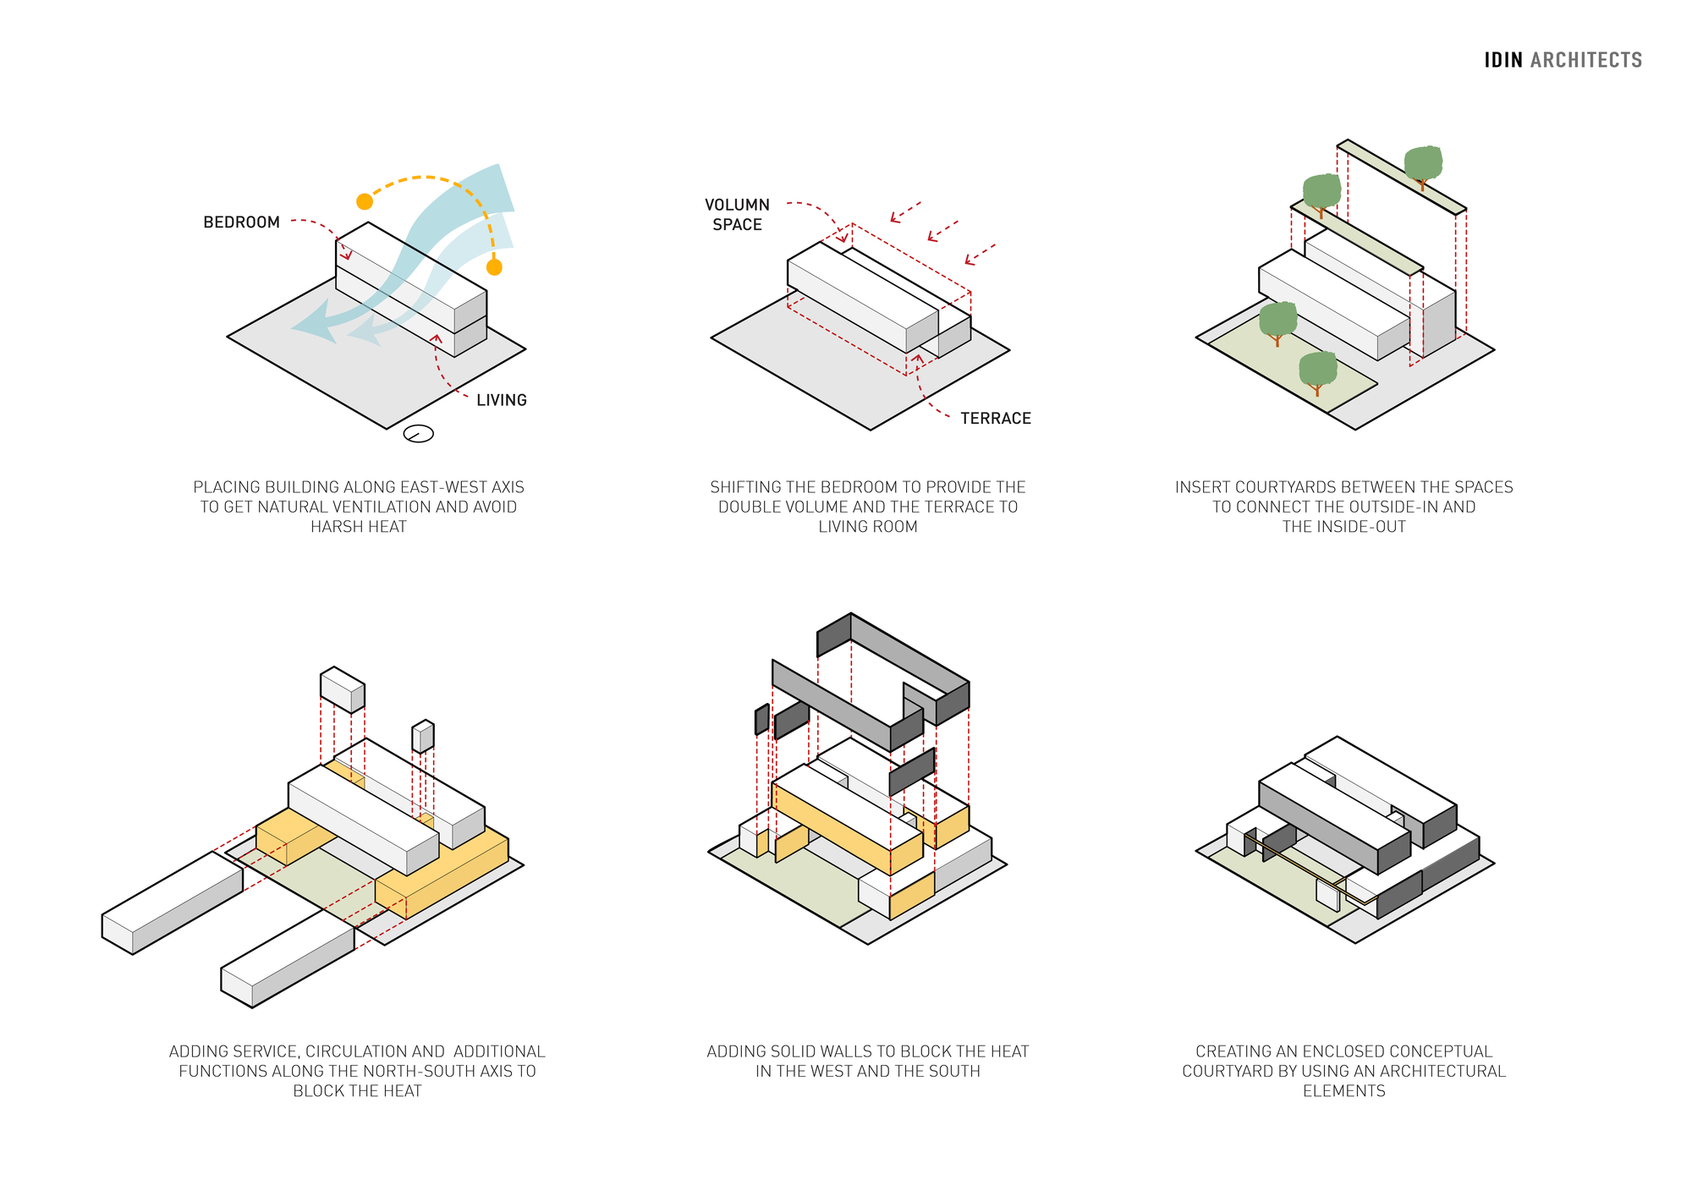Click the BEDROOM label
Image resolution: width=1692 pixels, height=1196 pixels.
click(241, 222)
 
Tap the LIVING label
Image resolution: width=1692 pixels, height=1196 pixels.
click(501, 400)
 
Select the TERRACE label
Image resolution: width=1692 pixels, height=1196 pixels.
click(995, 419)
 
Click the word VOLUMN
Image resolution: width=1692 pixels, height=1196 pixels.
click(737, 205)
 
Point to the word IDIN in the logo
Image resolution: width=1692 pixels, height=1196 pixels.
click(1503, 60)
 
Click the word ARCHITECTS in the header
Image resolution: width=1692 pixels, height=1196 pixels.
click(1586, 60)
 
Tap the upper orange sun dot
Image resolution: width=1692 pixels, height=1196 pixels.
click(365, 201)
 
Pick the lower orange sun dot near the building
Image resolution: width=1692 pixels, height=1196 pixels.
click(494, 267)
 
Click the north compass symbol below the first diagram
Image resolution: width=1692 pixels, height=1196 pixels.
click(419, 434)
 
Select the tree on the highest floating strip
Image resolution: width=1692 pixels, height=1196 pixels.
click(1423, 164)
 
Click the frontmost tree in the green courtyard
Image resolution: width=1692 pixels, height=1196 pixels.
click(1317, 371)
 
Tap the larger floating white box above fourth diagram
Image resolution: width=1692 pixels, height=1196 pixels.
click(342, 689)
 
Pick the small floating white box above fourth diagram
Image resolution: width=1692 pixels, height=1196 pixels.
click(423, 736)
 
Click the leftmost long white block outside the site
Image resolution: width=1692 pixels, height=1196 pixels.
click(173, 902)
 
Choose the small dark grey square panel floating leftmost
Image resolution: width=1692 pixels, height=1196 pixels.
click(761, 719)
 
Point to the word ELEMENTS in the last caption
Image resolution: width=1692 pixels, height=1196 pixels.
click(1343, 1091)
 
